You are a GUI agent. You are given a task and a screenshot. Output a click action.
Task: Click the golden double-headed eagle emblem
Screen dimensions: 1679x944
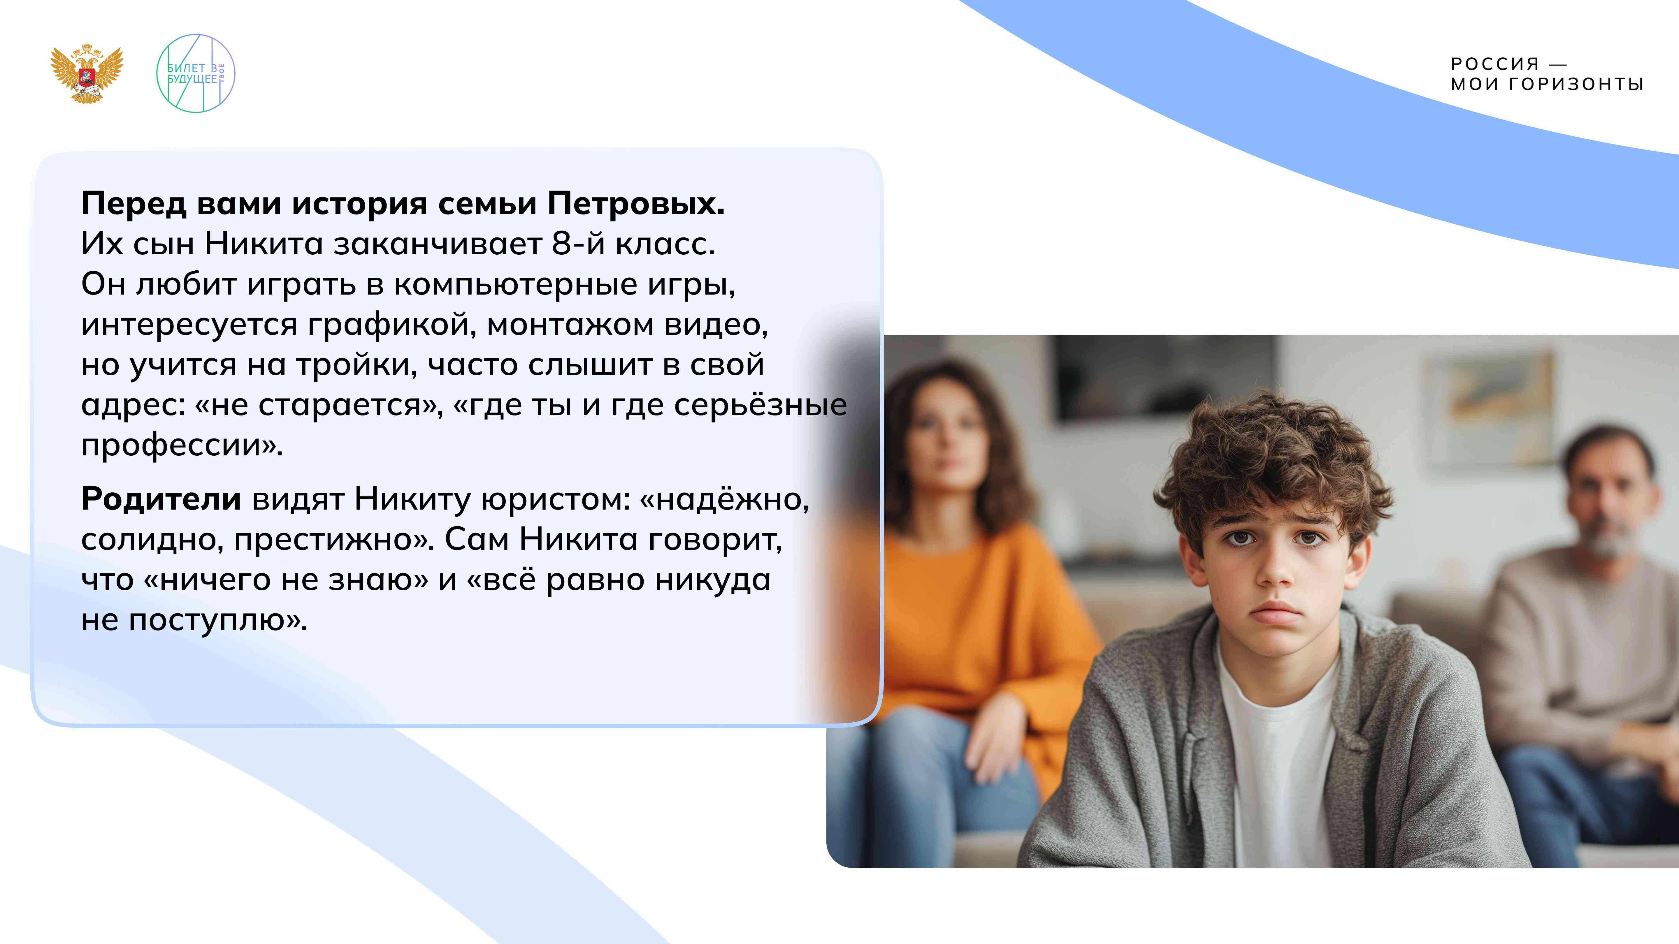tap(87, 73)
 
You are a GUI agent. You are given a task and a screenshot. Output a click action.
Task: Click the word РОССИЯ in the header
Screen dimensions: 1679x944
tap(1494, 64)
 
